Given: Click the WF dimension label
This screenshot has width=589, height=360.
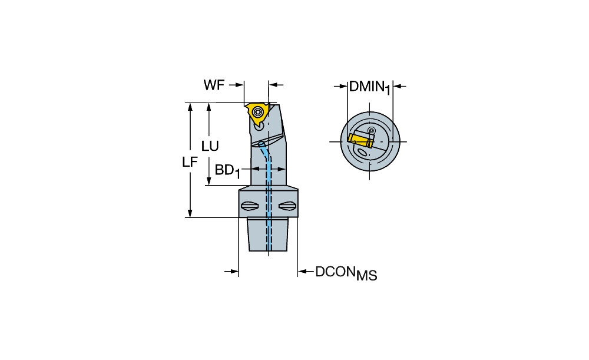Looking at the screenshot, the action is [x=214, y=85].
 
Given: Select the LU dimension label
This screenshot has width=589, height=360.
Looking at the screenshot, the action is [x=210, y=146].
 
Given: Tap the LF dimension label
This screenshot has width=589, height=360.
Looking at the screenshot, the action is [x=190, y=162].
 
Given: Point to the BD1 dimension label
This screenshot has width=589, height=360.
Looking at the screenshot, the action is [x=227, y=171].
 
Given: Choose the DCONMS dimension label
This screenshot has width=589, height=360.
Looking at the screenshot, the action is [x=346, y=273].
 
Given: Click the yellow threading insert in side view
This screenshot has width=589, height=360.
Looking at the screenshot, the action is [x=257, y=115].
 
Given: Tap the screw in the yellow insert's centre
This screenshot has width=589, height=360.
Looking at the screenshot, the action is [x=259, y=111].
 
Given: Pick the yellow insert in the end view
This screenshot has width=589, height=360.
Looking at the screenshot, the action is [x=360, y=141].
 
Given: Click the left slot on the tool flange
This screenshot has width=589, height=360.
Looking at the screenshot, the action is [x=249, y=206].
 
